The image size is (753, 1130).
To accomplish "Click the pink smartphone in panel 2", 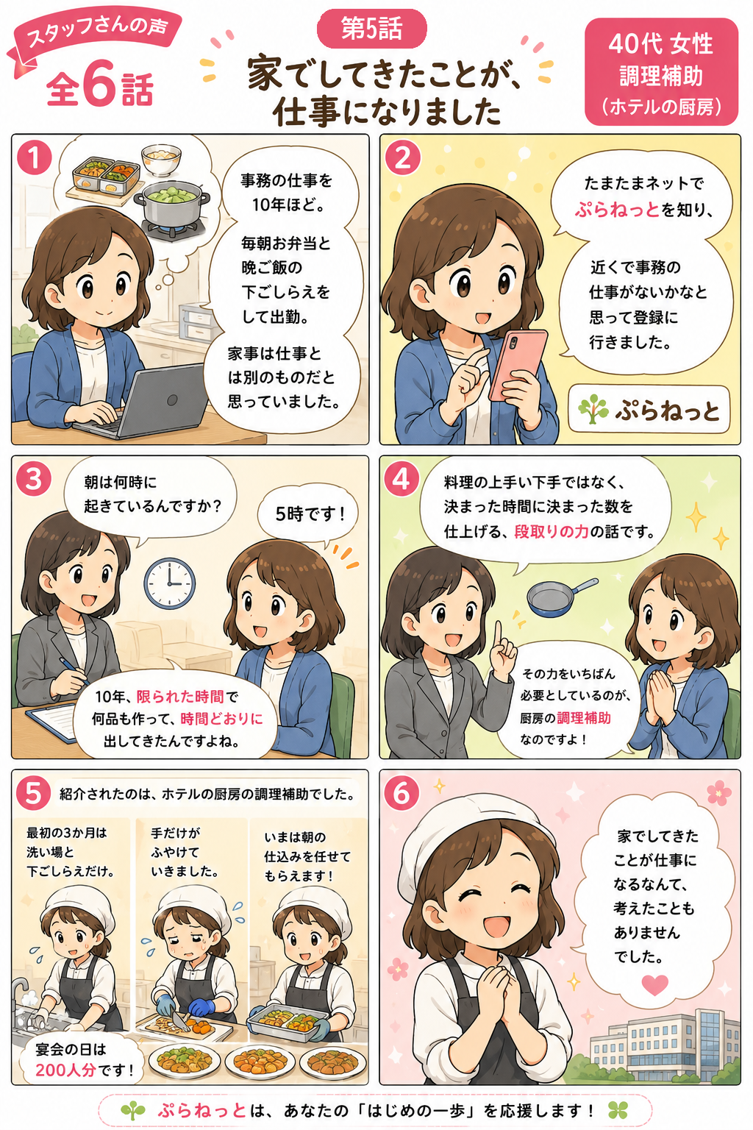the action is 518,365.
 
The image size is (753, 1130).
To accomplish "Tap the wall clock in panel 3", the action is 169,583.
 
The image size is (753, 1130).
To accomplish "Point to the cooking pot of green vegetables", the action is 171,203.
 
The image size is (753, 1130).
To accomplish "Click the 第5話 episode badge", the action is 371,28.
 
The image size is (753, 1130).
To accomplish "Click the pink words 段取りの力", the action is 552,532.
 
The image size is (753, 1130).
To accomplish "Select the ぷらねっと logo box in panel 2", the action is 649,410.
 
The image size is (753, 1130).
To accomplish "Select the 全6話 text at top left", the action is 100,88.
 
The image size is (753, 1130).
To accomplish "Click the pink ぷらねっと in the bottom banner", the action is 201,1110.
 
